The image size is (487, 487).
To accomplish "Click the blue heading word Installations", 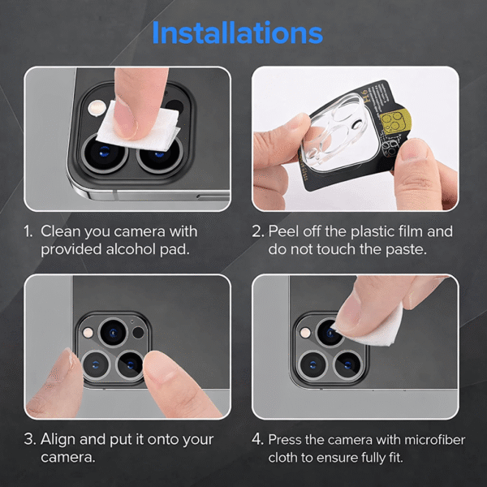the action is (238, 32).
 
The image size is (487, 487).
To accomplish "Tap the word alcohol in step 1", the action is (131, 249).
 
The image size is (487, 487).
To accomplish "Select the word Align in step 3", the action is (58, 440).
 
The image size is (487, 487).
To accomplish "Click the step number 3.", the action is (29, 439).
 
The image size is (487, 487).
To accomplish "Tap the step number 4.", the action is (257, 440).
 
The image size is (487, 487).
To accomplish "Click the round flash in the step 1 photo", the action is (97, 108).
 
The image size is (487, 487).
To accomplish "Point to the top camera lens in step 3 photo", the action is (113, 332).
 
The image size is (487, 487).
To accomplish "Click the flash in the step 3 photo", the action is (88, 333).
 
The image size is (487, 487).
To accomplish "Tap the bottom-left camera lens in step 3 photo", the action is (96, 364).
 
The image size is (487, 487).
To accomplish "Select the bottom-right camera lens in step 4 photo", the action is (348, 364).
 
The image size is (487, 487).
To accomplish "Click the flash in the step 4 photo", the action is (306, 333).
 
